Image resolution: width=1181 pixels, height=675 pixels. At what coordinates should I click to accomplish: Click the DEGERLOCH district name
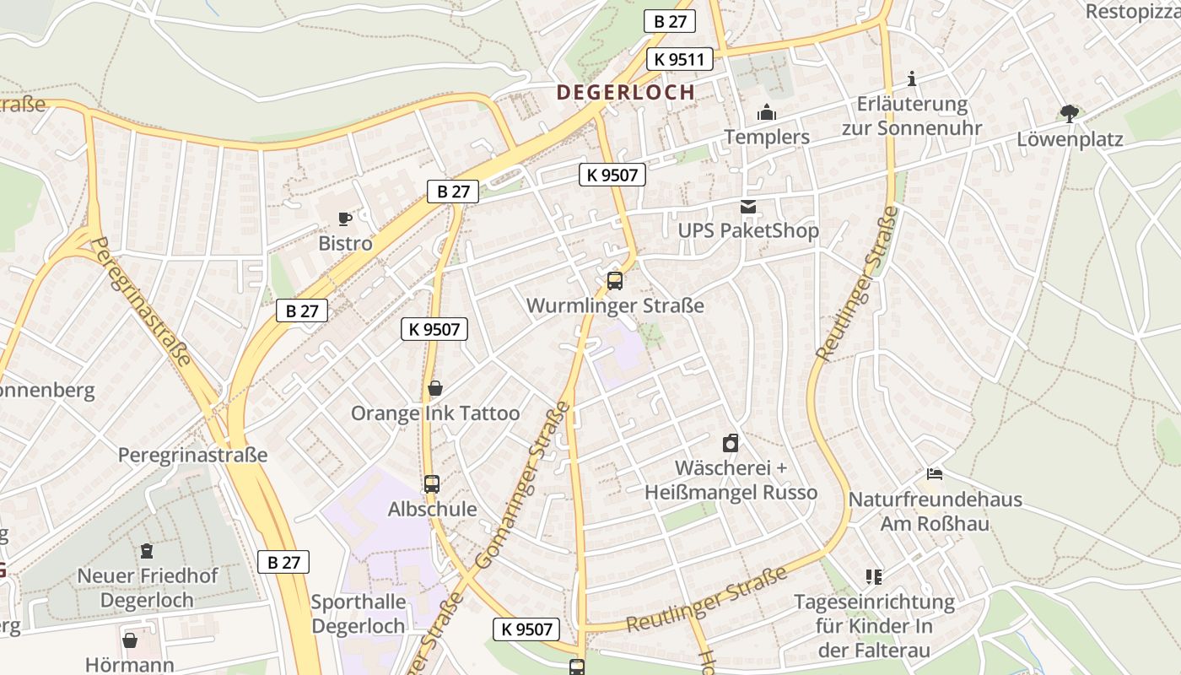[x=626, y=92]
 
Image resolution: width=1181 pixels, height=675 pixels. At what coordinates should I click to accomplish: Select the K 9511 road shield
[x=680, y=59]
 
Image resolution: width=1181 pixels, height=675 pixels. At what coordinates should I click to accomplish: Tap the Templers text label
[x=767, y=137]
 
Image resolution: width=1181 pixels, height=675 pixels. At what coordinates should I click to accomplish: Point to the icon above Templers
[x=767, y=112]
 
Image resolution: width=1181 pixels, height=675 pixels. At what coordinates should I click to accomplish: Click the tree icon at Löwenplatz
[x=1070, y=114]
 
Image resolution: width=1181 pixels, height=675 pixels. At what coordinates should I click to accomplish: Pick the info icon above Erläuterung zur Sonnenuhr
[x=911, y=79]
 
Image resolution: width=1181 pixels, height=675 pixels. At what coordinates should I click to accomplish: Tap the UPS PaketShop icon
[x=748, y=207]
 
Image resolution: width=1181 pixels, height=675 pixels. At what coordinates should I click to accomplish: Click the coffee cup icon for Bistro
[x=345, y=219]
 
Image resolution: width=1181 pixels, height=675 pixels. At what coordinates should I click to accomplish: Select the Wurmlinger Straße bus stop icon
[x=615, y=281]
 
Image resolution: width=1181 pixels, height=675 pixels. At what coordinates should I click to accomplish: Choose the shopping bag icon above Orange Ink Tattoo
[x=435, y=388]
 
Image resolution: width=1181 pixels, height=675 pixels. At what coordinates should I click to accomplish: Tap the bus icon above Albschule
[x=432, y=484]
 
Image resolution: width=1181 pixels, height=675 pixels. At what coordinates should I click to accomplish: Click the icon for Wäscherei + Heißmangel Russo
[x=731, y=443]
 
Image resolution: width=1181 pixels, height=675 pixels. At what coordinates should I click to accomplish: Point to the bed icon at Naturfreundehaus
[x=935, y=474]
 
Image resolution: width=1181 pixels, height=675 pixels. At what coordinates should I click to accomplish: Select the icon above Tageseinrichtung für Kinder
[x=874, y=577]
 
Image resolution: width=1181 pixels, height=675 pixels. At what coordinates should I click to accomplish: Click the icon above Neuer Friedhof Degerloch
[x=148, y=551]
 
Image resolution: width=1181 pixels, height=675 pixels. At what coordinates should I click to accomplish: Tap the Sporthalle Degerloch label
[x=359, y=614]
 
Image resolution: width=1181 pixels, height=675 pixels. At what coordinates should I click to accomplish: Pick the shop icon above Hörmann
[x=130, y=640]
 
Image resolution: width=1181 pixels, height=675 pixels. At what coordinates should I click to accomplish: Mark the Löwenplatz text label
[x=1070, y=139]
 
